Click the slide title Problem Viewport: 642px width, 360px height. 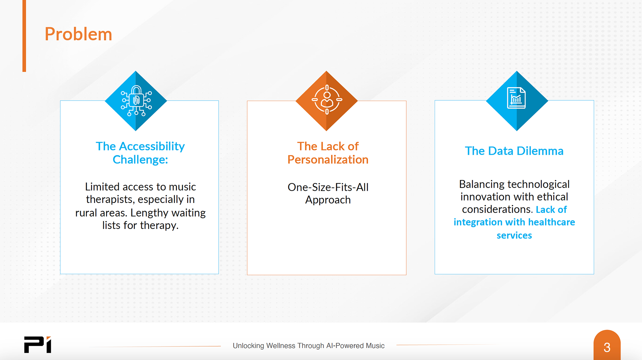coord(78,34)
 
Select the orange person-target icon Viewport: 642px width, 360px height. coord(327,100)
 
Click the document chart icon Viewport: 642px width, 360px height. coord(516,98)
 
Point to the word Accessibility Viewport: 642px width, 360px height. coord(152,146)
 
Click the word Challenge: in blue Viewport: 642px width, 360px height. coord(140,160)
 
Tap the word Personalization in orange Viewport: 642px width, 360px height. coord(328,160)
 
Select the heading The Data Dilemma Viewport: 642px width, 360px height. coord(514,151)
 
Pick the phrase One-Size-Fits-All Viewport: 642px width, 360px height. coord(328,187)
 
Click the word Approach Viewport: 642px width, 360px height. coord(328,200)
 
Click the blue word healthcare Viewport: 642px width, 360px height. coord(551,222)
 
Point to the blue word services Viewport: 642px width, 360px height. coord(514,235)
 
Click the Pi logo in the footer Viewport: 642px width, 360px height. coord(37,345)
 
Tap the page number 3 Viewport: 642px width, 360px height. coord(607,347)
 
